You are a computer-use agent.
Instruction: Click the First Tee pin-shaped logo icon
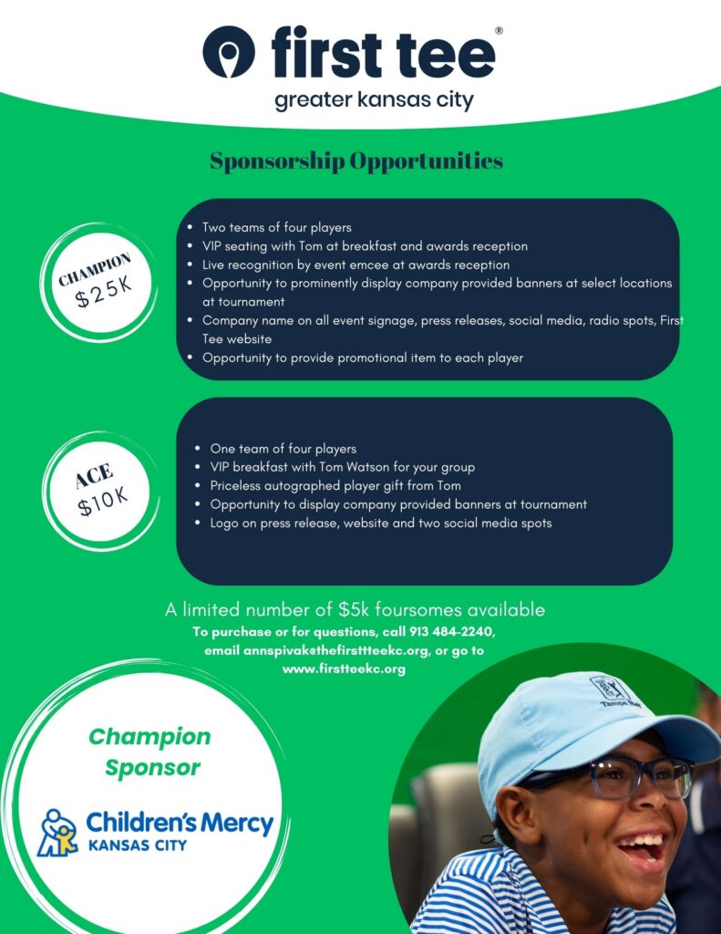point(229,52)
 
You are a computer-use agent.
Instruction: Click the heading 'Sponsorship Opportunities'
point(356,161)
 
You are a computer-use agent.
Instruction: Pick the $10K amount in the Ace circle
point(102,501)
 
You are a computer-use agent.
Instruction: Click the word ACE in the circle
point(95,475)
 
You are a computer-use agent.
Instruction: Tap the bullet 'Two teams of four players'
point(276,227)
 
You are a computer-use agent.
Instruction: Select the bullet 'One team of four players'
point(283,449)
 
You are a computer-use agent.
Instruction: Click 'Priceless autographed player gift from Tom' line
point(342,486)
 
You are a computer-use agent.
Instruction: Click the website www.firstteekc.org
point(344,669)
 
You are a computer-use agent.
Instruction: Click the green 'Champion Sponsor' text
point(149,752)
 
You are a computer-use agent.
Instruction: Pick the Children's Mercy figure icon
point(57,832)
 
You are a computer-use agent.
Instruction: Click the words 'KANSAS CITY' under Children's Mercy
point(137,846)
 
